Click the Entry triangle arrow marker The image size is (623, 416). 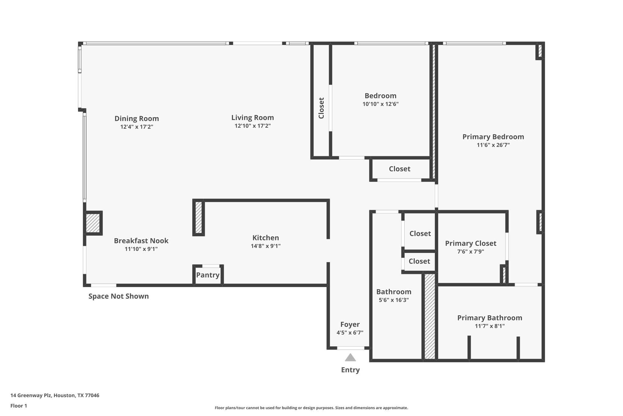[350, 357]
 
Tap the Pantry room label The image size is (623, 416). [208, 275]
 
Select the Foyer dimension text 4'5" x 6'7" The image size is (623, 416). [350, 332]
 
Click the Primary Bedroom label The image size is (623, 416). [493, 137]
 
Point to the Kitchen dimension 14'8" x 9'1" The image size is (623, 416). [266, 246]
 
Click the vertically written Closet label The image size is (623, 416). [321, 108]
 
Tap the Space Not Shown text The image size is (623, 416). [118, 296]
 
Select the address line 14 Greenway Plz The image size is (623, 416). [55, 395]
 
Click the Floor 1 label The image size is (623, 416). [19, 406]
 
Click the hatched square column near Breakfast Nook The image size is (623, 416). [93, 223]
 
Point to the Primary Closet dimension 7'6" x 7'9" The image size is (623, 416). [471, 251]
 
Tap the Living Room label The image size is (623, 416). [252, 117]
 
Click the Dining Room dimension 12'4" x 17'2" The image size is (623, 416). [137, 127]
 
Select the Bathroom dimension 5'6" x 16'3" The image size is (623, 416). [394, 300]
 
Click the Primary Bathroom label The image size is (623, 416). [489, 318]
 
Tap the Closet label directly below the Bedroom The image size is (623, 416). [399, 169]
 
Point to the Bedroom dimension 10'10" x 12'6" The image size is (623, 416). [380, 104]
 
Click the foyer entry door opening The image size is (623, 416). [350, 348]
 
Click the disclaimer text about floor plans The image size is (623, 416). [311, 408]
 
